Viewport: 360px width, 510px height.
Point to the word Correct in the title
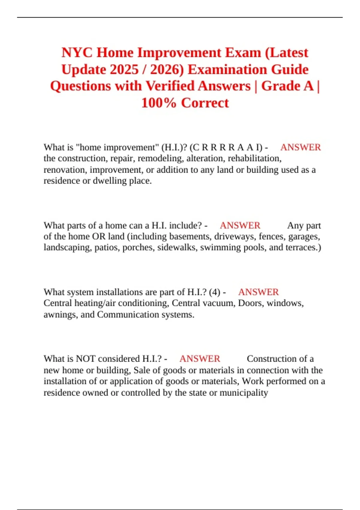pyautogui.click(x=205, y=103)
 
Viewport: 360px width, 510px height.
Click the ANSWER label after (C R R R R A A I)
pyautogui.click(x=301, y=147)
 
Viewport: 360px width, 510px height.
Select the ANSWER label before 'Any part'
pyautogui.click(x=240, y=225)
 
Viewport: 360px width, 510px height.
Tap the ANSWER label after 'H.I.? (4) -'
pyautogui.click(x=258, y=292)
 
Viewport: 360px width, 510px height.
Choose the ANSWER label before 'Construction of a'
pyautogui.click(x=200, y=359)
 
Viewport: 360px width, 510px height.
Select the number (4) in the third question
pyautogui.click(x=214, y=292)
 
